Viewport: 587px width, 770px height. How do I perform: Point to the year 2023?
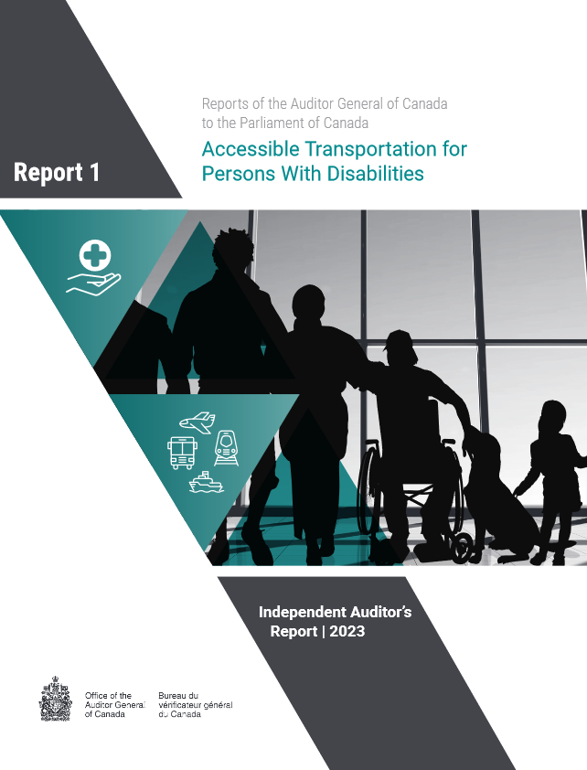(x=347, y=631)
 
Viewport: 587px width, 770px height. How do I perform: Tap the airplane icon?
(x=197, y=422)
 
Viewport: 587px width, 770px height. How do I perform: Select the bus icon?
(x=182, y=453)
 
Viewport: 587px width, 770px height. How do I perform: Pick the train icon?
(x=226, y=448)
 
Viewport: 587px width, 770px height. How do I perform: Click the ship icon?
(x=206, y=482)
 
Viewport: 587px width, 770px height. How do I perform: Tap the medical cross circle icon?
(x=95, y=255)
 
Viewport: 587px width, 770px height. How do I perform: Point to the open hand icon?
(x=93, y=284)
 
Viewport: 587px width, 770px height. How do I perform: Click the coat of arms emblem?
(x=56, y=699)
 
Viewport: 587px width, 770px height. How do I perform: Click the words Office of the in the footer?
(x=108, y=696)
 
